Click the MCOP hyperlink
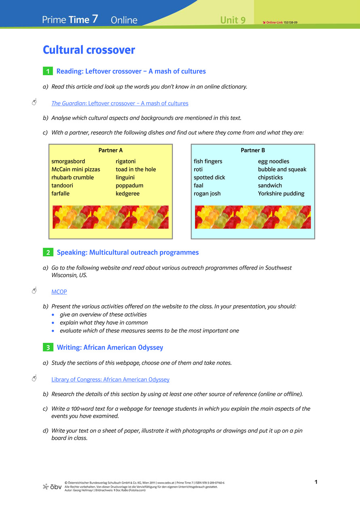pos(59,291)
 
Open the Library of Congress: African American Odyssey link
pos(110,380)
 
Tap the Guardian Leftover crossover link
pos(120,103)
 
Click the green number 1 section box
pos(48,72)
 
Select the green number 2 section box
pos(48,253)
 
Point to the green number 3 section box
pos(48,348)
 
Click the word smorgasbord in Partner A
pos(68,161)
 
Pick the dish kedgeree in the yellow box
pos(127,194)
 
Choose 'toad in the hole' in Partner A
pos(136,169)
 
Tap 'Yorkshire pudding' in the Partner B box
pos(281,194)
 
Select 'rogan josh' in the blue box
pos(207,194)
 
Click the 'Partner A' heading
pos(110,150)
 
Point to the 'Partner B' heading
pos(253,150)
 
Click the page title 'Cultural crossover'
pos(89,50)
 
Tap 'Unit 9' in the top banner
pos(233,20)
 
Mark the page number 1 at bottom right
pos(316,482)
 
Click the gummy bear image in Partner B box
pos(253,217)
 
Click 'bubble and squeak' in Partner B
pos(282,169)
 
